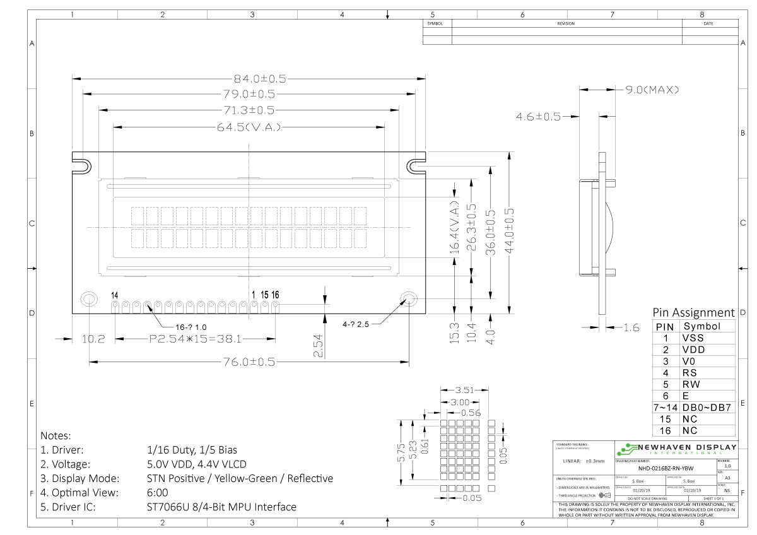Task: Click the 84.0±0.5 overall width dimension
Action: coord(260,79)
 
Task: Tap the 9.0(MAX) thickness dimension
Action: coord(652,90)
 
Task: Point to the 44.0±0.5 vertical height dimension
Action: coord(508,232)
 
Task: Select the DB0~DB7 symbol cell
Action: coord(707,408)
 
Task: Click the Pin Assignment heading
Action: coord(693,313)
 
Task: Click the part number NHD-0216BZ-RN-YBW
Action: coord(665,468)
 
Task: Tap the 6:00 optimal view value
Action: coord(157,492)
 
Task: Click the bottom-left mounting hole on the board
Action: coord(88,300)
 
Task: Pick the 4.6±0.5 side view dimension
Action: coord(538,117)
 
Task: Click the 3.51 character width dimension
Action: coord(464,391)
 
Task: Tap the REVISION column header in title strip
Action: coord(566,23)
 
